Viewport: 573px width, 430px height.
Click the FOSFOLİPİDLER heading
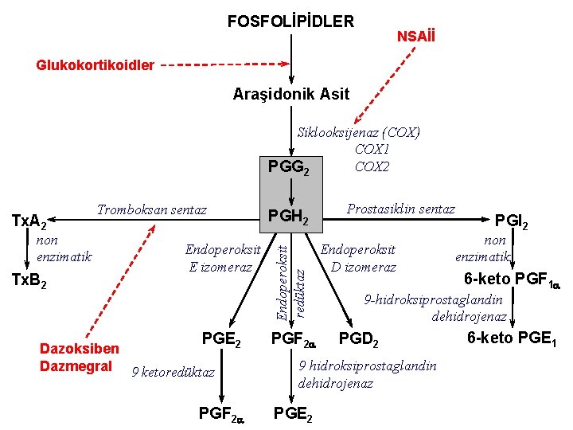click(290, 21)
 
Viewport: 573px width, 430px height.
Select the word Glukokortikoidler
click(95, 64)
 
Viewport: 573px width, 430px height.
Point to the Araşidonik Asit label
click(290, 94)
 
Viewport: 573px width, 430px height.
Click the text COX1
click(372, 149)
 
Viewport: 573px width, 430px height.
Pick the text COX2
click(372, 166)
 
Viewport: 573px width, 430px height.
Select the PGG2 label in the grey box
click(288, 167)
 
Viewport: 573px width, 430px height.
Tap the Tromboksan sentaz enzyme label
click(151, 210)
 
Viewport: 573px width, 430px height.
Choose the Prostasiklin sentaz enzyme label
click(401, 209)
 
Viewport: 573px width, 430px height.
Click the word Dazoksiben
click(79, 349)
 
